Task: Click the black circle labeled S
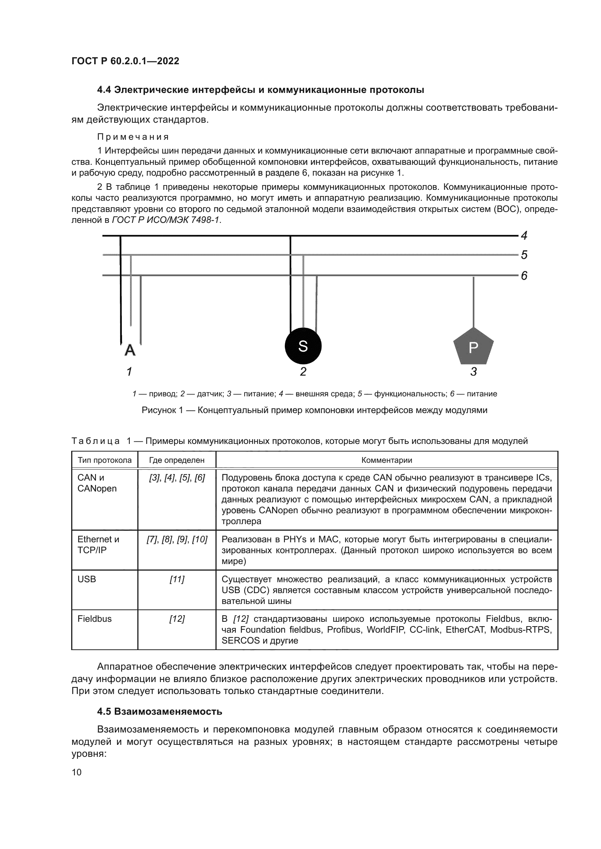click(x=303, y=346)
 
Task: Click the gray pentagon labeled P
click(x=473, y=347)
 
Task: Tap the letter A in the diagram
click(x=130, y=350)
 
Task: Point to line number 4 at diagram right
click(x=524, y=235)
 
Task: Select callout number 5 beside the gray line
click(x=524, y=255)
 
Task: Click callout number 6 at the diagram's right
click(x=524, y=275)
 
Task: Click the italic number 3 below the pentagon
click(x=473, y=372)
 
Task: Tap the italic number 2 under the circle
click(x=303, y=372)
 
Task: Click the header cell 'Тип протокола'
click(x=104, y=460)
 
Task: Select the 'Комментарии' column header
click(x=386, y=460)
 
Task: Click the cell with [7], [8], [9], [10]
click(x=177, y=539)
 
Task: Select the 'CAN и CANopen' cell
click(x=97, y=483)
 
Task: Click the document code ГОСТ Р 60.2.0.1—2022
click(x=125, y=61)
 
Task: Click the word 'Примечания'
click(x=133, y=137)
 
